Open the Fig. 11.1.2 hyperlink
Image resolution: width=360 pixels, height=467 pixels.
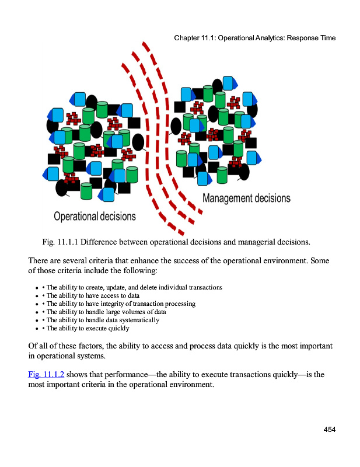pos(46,374)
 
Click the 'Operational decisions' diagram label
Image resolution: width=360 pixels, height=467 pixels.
pos(95,217)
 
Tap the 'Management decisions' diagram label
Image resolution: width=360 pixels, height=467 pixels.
pos(246,198)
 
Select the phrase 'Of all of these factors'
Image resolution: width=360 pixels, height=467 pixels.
pos(64,345)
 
